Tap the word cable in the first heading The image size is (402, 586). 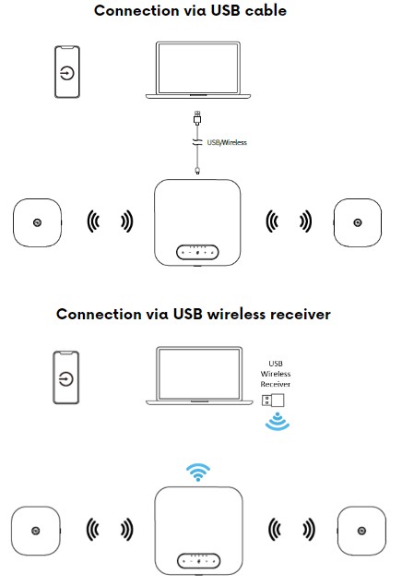[x=266, y=10]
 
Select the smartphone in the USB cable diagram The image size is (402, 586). [x=67, y=72]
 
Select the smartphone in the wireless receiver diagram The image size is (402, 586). [x=66, y=377]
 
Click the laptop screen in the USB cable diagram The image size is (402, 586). [x=198, y=67]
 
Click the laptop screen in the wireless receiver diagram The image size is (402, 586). [x=199, y=374]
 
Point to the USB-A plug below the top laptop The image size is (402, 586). [x=197, y=117]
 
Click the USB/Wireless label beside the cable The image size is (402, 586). [x=227, y=142]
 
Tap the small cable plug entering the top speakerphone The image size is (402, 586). [x=197, y=171]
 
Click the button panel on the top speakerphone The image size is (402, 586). [x=197, y=252]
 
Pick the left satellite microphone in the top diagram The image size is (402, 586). [x=37, y=222]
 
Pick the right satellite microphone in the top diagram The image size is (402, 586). [x=358, y=222]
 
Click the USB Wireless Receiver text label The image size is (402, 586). [x=276, y=374]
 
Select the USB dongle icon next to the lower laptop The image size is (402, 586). [x=273, y=401]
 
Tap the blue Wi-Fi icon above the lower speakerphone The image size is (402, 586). [x=198, y=472]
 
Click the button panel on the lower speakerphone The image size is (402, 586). [x=198, y=561]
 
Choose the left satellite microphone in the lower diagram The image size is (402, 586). [x=36, y=531]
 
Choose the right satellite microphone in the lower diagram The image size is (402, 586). [x=361, y=531]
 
